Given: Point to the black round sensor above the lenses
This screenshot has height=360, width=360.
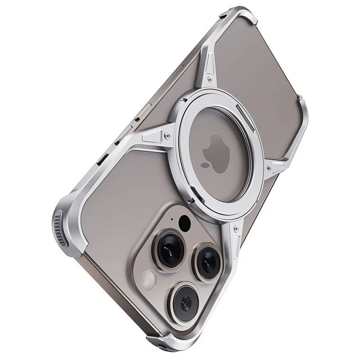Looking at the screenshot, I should (x=184, y=223).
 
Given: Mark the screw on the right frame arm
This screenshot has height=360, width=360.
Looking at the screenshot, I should (x=269, y=169).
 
